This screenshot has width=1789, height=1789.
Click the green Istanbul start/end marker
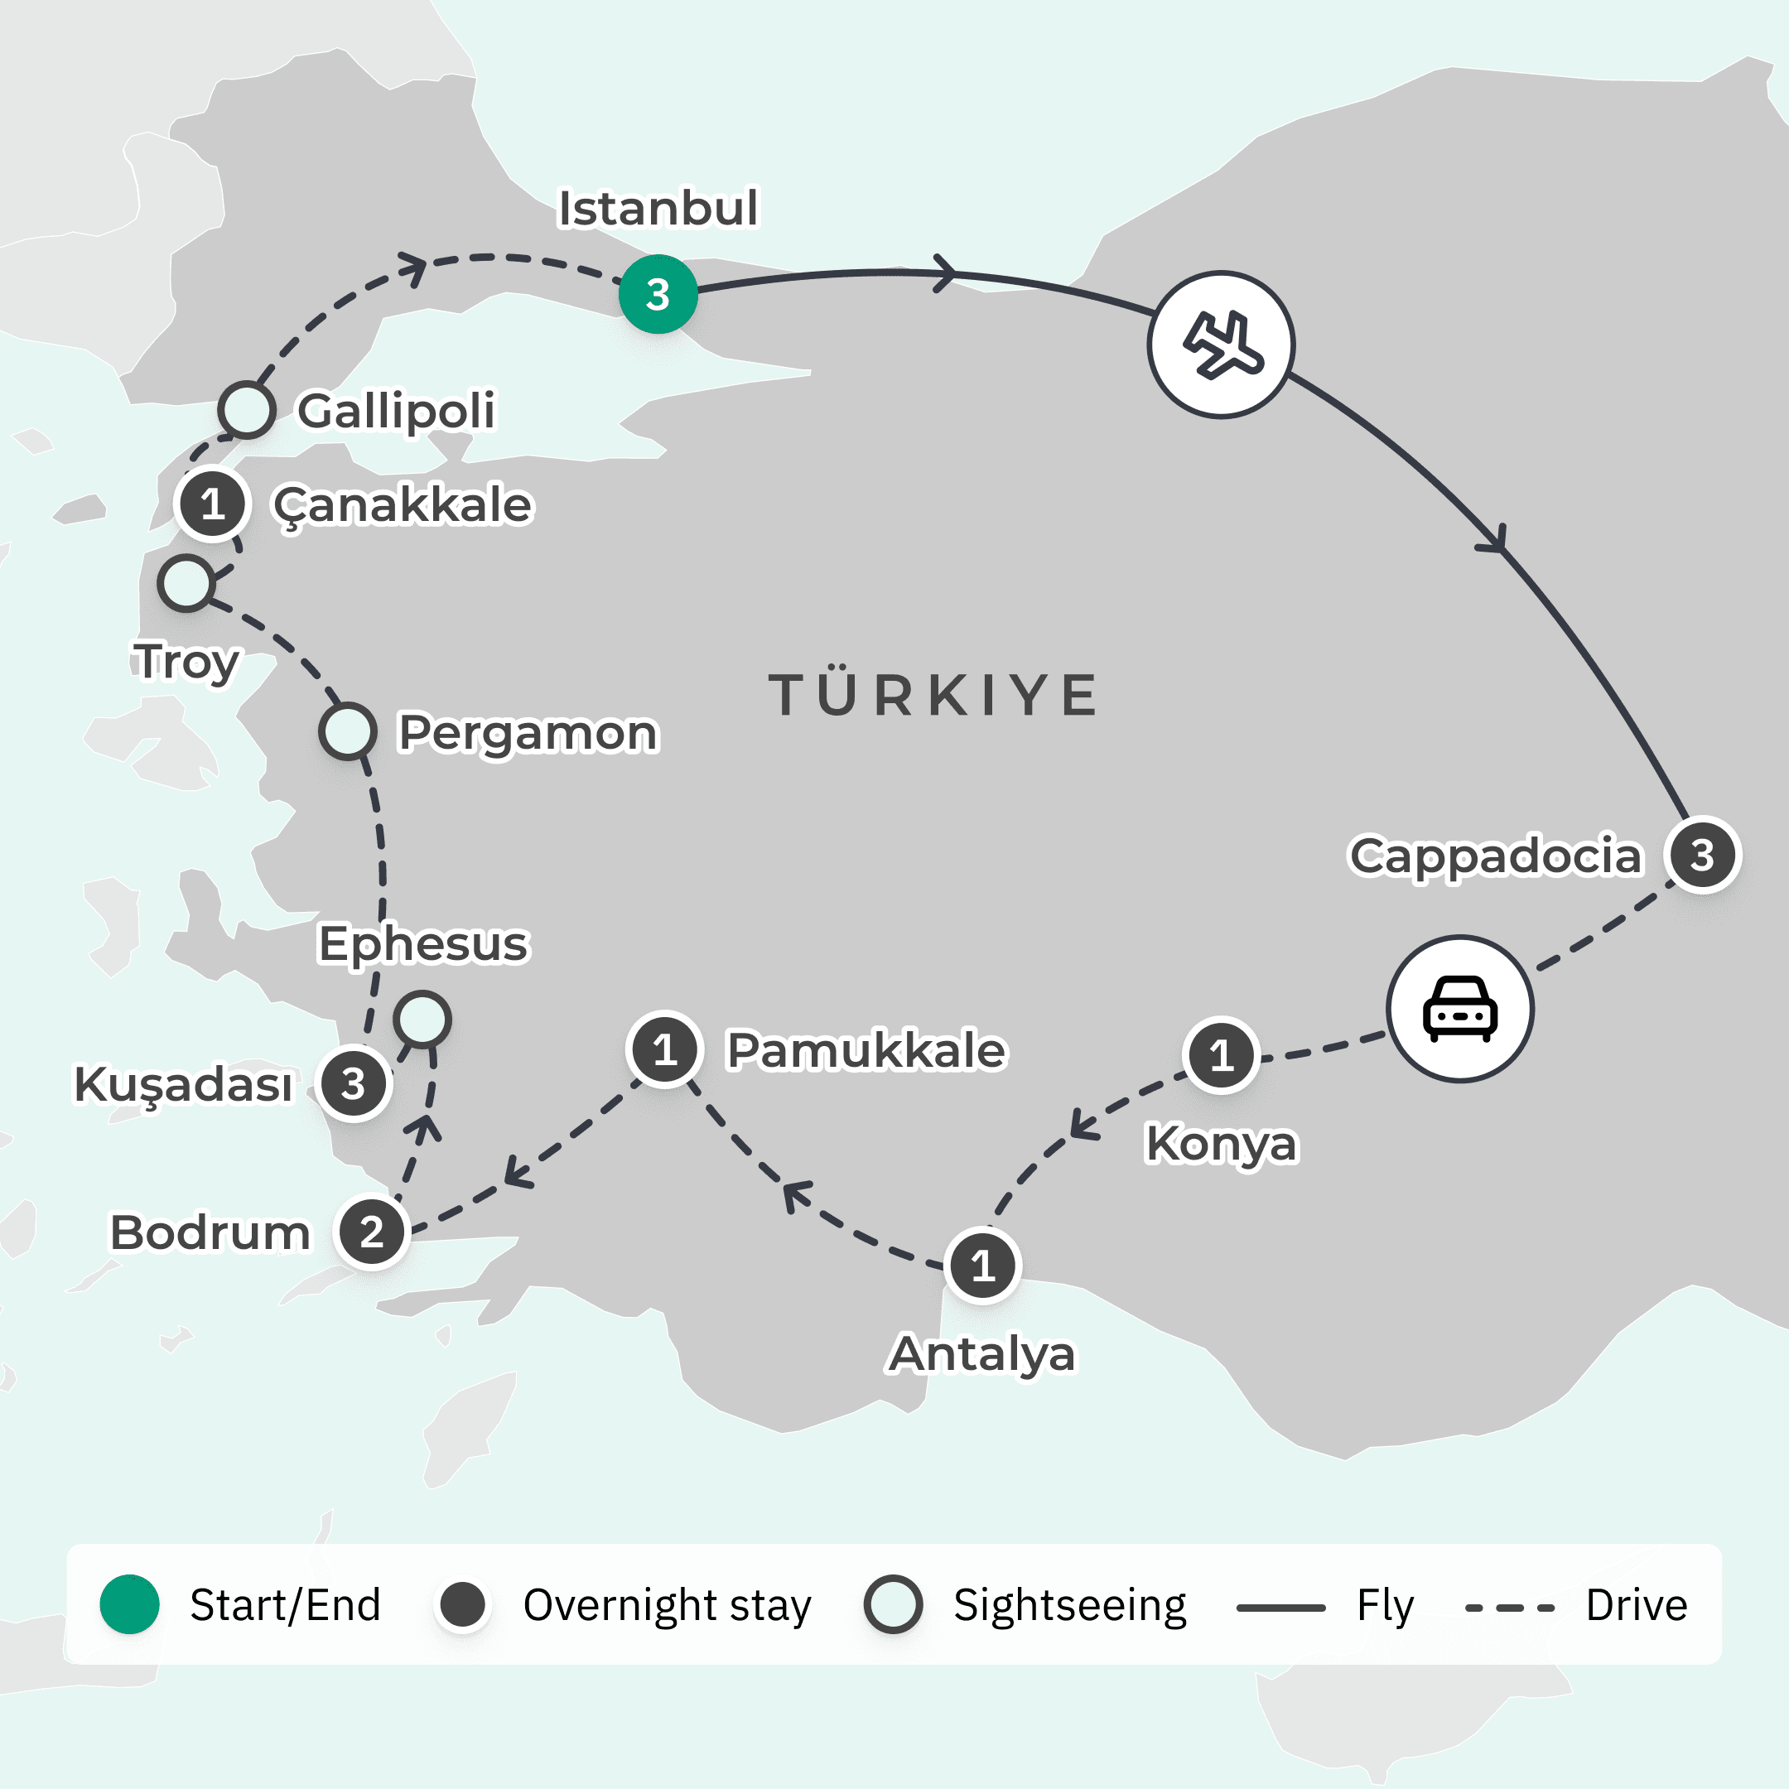(658, 295)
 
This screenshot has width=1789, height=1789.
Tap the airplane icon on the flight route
(1222, 345)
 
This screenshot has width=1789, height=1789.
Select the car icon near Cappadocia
(1459, 1009)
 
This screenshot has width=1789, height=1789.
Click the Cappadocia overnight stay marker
(1702, 855)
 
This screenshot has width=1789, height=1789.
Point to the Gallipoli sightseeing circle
(246, 409)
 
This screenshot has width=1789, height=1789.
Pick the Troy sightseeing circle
(186, 583)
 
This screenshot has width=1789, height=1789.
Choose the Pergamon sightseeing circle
(347, 731)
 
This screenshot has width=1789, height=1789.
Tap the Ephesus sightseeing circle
(422, 1020)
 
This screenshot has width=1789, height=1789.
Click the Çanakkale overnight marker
(213, 504)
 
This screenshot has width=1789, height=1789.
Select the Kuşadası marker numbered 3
(353, 1083)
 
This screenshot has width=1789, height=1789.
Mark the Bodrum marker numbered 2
(371, 1232)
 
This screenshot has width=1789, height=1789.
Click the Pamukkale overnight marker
(664, 1050)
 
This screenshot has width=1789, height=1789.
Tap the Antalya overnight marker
(982, 1265)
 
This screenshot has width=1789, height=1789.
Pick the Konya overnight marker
(1222, 1054)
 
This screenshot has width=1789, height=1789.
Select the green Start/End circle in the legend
(130, 1603)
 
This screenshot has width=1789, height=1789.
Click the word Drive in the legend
(1637, 1605)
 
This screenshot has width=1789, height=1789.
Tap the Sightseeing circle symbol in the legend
(893, 1603)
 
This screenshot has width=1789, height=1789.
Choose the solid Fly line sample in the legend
(1280, 1608)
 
